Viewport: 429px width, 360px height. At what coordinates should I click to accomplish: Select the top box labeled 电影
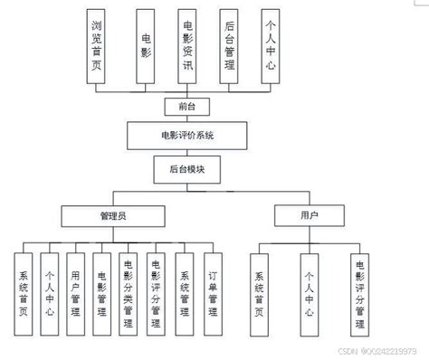coord(147,46)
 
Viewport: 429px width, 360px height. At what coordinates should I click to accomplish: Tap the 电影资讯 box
coord(187,46)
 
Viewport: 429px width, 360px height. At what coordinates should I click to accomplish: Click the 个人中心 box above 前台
coord(269,46)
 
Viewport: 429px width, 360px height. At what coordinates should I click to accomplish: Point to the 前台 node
coord(186,106)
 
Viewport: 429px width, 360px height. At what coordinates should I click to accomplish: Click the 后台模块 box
coord(186,167)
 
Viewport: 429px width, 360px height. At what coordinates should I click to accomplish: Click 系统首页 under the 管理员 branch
coord(24,290)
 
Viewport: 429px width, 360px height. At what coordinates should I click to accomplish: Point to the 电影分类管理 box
coord(129,290)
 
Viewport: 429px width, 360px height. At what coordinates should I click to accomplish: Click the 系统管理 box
coord(184,290)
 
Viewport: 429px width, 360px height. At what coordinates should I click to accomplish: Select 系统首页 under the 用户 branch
coord(259,290)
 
